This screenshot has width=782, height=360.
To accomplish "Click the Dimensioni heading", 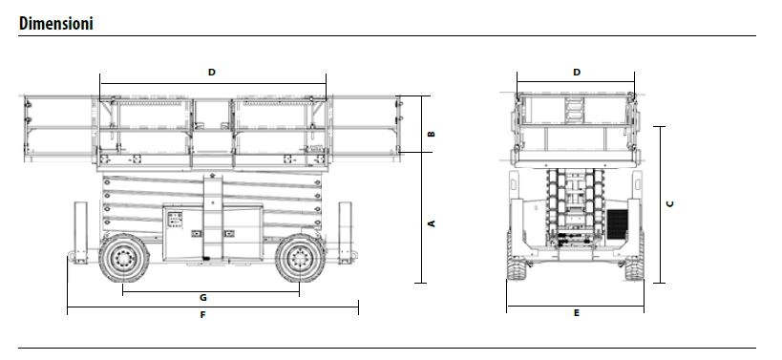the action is point(55,24).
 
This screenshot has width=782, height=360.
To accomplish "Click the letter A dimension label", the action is point(432,223).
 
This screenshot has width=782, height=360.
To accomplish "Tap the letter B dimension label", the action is point(432,134).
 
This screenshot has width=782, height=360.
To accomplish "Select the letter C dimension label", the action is point(670,204).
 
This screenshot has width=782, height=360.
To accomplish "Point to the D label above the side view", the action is point(211,73).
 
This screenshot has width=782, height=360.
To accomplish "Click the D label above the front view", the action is point(577,73).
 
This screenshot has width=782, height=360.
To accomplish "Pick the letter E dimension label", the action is point(577,313).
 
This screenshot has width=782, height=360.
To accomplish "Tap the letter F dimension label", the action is point(202,315).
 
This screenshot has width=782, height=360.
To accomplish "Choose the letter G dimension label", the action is point(203,298).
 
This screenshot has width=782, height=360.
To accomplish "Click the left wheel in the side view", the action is point(124,258).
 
